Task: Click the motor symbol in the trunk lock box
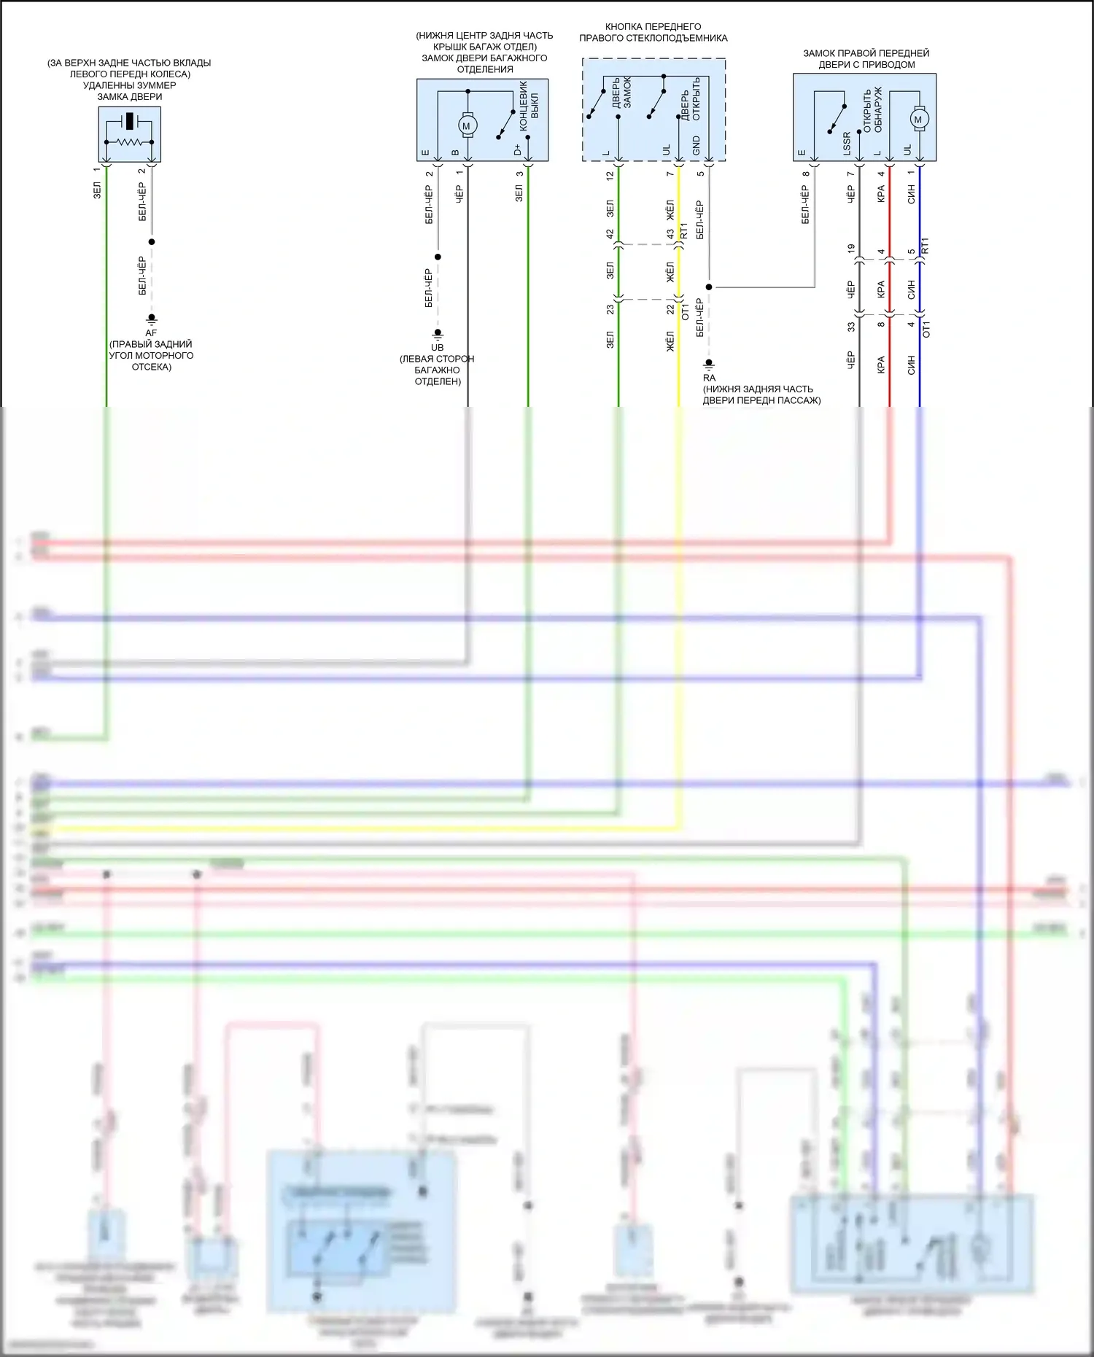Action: click(468, 125)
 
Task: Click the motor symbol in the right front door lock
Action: click(918, 119)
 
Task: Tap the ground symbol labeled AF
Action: click(152, 319)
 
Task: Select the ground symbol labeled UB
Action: click(438, 334)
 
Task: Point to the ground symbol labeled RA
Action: click(708, 364)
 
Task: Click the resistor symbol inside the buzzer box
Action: click(130, 142)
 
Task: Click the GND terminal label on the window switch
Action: click(697, 145)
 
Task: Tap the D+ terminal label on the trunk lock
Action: click(518, 149)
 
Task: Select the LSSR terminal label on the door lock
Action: click(847, 144)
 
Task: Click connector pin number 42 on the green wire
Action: click(610, 234)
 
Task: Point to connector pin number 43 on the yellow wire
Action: click(670, 234)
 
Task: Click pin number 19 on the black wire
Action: click(851, 249)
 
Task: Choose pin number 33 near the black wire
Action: click(851, 327)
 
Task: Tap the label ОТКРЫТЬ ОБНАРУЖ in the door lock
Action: click(872, 110)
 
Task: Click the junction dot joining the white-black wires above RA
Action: click(708, 287)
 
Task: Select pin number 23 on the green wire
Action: click(610, 308)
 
